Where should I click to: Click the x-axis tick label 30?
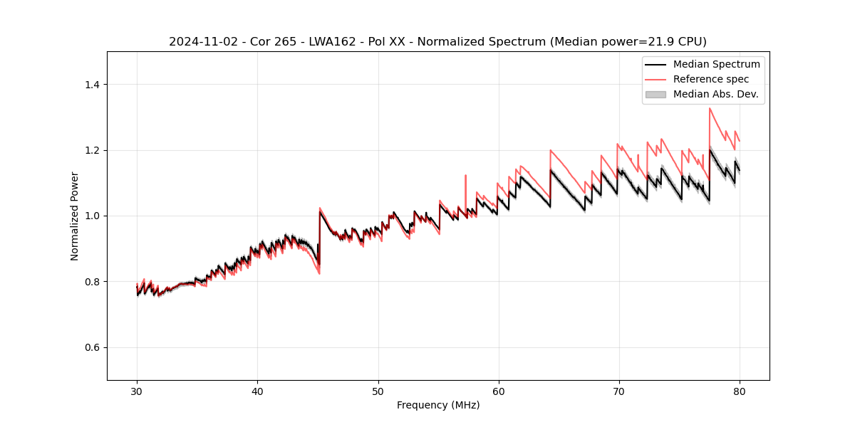[x=137, y=391]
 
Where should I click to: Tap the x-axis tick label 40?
[x=257, y=391]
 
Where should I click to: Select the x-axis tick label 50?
[x=378, y=391]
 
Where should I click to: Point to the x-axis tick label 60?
[x=499, y=391]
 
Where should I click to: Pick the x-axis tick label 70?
[x=619, y=391]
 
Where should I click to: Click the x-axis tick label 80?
[x=740, y=391]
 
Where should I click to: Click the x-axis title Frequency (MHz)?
[x=438, y=405]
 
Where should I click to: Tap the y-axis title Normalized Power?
[x=74, y=216]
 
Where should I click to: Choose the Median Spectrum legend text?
[x=716, y=64]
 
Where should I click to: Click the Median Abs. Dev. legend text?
[x=715, y=94]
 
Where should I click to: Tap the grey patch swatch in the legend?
[x=655, y=94]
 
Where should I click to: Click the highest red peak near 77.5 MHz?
[x=710, y=108]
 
